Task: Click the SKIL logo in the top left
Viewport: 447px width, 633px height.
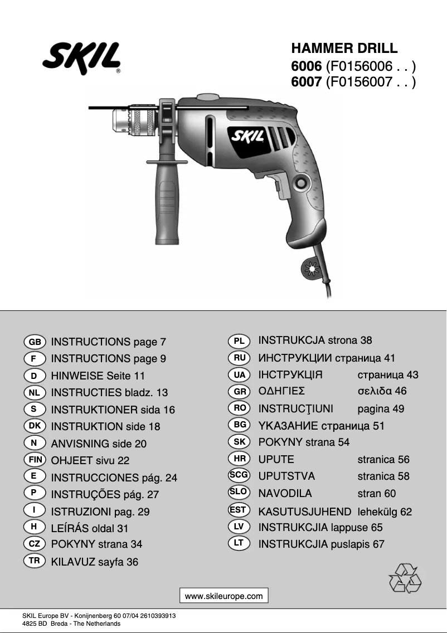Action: tap(81, 58)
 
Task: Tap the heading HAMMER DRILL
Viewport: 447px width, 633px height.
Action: tap(344, 48)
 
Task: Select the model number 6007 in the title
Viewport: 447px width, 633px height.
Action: tap(306, 82)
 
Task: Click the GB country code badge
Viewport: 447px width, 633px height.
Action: tap(35, 342)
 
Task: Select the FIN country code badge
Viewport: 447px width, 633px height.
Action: tap(35, 460)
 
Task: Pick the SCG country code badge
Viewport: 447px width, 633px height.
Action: tap(239, 475)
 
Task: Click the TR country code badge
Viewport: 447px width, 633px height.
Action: tap(35, 561)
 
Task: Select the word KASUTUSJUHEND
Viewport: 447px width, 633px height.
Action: tap(305, 511)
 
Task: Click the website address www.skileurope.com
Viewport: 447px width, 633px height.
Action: tap(223, 596)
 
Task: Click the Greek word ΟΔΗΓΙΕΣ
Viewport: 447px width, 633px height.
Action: tap(281, 391)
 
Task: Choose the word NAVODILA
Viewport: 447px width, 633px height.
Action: tap(285, 493)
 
